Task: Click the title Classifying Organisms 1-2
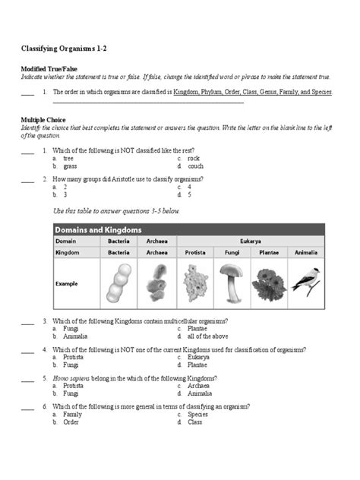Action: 64,49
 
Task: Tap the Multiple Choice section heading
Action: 43,120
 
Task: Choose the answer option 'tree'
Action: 68,158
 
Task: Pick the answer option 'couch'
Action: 195,166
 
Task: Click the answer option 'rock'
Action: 194,158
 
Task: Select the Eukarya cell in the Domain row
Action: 250,240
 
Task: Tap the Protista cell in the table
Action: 194,251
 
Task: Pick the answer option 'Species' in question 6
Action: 197,415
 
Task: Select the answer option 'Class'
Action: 195,422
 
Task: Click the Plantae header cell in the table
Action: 268,251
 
